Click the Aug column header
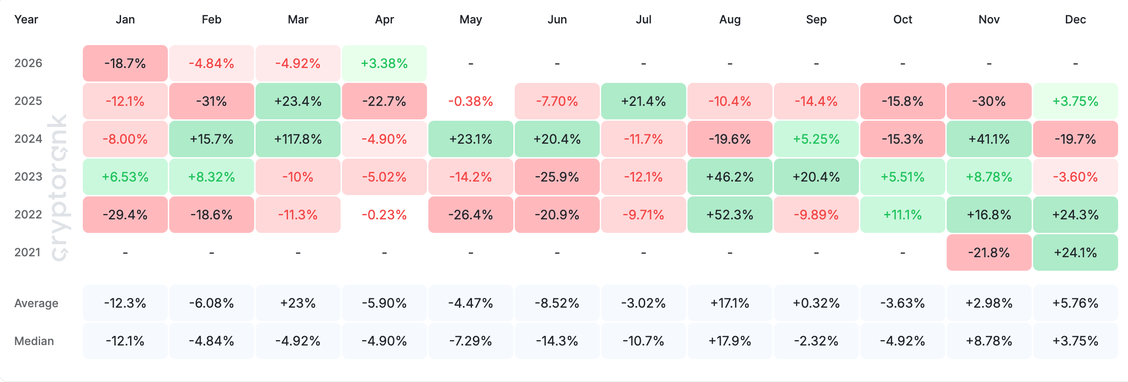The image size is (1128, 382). [x=730, y=19]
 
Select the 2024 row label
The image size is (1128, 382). [x=28, y=139]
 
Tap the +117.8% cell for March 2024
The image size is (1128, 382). [x=298, y=139]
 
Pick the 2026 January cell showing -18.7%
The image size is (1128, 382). [x=125, y=63]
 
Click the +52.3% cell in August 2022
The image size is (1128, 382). [x=730, y=214]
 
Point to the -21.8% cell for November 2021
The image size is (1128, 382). [x=989, y=252]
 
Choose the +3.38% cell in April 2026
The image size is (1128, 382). [x=384, y=63]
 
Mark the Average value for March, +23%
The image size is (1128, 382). [x=298, y=303]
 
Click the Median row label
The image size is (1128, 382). [x=34, y=341]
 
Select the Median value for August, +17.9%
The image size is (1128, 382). [x=730, y=341]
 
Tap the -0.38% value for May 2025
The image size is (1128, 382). [x=471, y=101]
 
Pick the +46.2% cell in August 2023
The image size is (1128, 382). [x=730, y=177]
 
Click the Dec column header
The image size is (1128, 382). [x=1075, y=19]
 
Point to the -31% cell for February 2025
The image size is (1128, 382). [x=211, y=101]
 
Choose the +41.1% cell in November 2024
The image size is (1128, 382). [x=989, y=139]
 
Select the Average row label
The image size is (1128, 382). [x=36, y=303]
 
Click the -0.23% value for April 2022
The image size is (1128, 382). [x=384, y=214]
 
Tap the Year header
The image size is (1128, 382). [x=26, y=19]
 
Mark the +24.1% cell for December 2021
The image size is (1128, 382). [x=1075, y=252]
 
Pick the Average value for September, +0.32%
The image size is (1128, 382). [x=816, y=303]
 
